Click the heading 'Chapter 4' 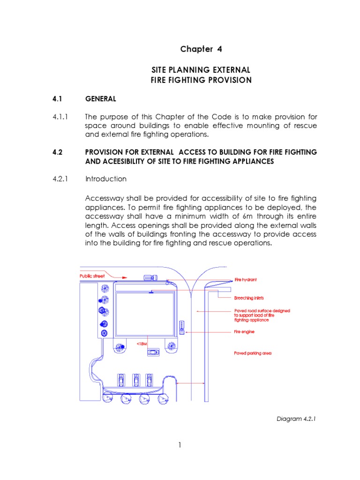tap(201, 49)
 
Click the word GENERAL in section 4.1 tap(100, 99)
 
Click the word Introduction tap(105, 179)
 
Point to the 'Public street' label tap(91, 276)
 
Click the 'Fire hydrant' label tap(246, 280)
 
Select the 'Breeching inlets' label tap(249, 298)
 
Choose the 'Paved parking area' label tap(253, 353)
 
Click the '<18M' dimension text tap(142, 344)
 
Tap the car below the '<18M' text tap(153, 352)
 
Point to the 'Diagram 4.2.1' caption tap(296, 419)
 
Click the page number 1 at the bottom tap(180, 445)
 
